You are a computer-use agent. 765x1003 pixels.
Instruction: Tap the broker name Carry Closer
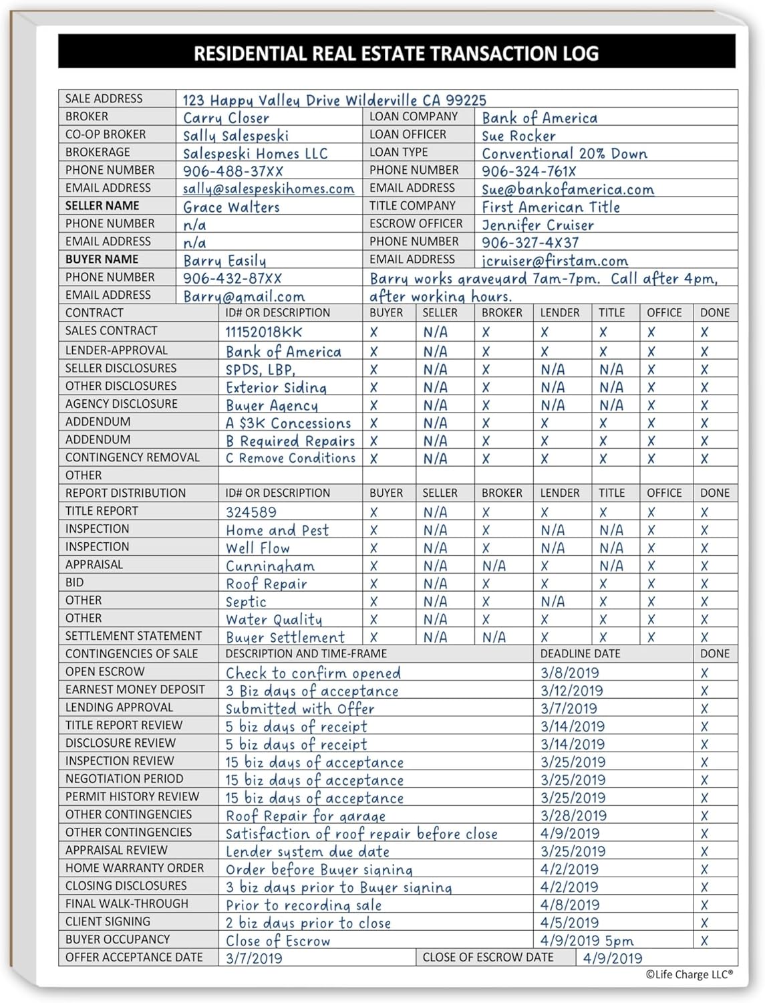click(x=226, y=118)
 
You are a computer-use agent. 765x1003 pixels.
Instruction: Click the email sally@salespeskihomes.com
click(x=268, y=189)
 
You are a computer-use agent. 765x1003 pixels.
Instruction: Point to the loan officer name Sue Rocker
click(x=518, y=136)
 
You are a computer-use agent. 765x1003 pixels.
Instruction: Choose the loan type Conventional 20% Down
click(x=565, y=154)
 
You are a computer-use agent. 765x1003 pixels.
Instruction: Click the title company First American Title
click(x=551, y=207)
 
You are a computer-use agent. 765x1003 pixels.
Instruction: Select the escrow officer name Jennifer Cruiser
click(x=537, y=225)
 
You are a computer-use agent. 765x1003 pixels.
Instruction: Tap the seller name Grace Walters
click(x=231, y=207)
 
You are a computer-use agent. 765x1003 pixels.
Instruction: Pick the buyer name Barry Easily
click(x=224, y=261)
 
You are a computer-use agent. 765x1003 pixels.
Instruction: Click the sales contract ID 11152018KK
click(x=263, y=332)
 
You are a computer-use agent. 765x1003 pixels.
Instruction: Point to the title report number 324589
click(x=251, y=512)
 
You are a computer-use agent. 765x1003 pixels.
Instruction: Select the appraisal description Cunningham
click(x=270, y=566)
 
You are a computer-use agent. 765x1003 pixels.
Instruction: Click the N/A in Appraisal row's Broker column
click(x=494, y=566)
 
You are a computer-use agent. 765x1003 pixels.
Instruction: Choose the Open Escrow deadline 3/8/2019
click(x=569, y=673)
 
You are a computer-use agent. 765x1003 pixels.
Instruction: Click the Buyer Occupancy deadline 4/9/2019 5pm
click(x=587, y=941)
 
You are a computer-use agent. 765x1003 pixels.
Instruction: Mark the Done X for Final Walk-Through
click(x=704, y=905)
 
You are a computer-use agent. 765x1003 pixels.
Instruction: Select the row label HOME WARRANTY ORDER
click(x=134, y=868)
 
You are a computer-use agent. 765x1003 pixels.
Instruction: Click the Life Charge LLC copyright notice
click(x=689, y=975)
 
